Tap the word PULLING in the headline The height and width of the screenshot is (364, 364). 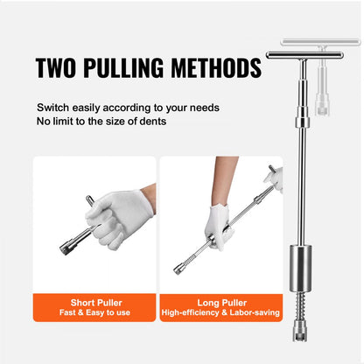click(131, 68)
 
